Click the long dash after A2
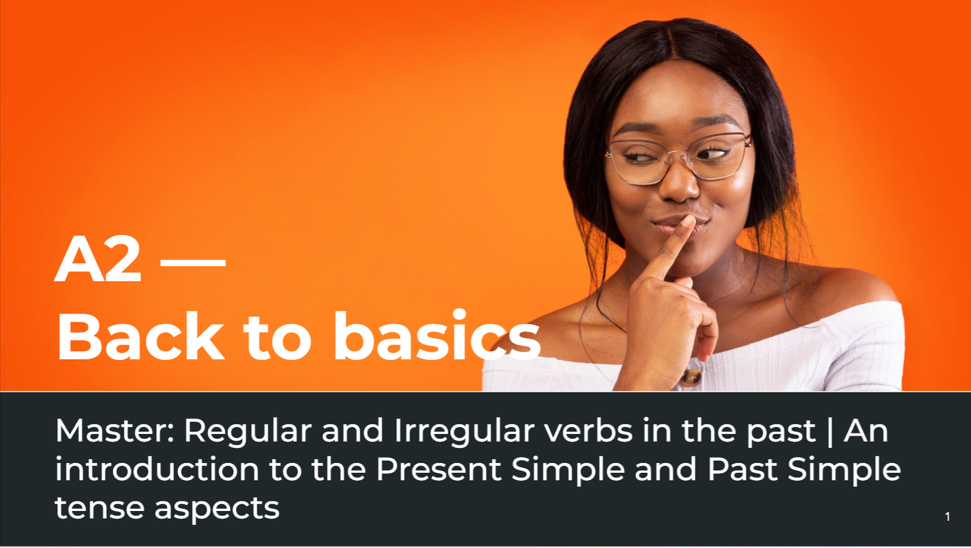point(194,262)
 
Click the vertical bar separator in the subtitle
point(830,432)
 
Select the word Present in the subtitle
point(439,470)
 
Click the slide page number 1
point(947,517)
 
